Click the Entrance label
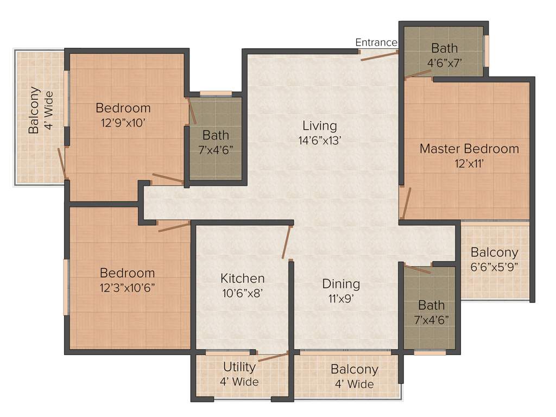[376, 42]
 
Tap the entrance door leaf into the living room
[379, 55]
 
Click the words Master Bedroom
[469, 148]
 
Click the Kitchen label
[242, 279]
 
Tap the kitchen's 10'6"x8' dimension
[242, 293]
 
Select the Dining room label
[341, 283]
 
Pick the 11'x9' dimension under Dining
[341, 298]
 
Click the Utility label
[239, 367]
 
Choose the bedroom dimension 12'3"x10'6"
[127, 288]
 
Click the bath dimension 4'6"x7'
[445, 62]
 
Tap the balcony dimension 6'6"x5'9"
[494, 267]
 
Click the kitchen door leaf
[287, 242]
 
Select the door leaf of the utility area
[273, 356]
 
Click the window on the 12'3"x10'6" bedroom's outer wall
[66, 287]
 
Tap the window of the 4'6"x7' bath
[486, 50]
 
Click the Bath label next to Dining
[432, 305]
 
